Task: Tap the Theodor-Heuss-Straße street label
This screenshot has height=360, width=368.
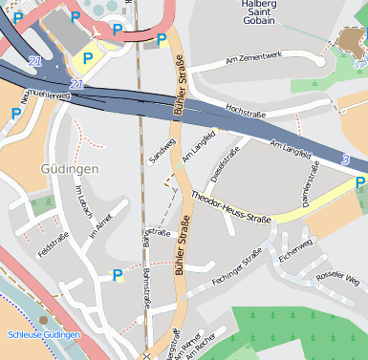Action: [232, 207]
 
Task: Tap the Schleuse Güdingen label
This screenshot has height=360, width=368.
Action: [44, 335]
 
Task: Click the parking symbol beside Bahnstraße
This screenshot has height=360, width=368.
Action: [118, 276]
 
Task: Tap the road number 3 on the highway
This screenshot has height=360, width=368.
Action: [346, 158]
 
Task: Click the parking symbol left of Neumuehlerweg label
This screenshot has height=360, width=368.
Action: [16, 113]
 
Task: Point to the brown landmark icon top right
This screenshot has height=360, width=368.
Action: [351, 41]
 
